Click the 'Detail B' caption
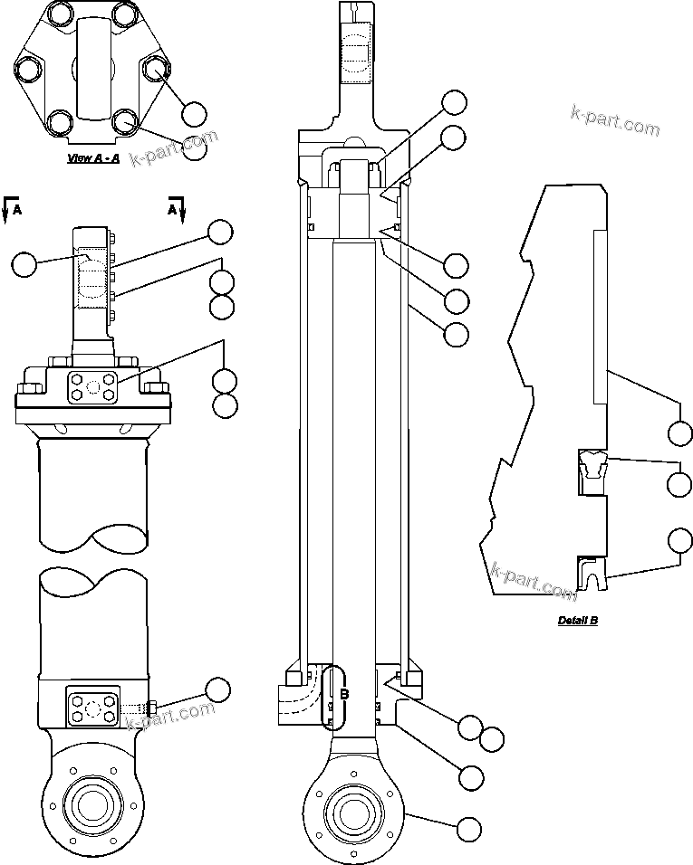click(x=577, y=621)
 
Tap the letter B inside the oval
click(x=344, y=695)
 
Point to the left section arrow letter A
click(x=17, y=210)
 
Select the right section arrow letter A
click(x=171, y=209)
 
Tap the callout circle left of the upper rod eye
click(x=25, y=264)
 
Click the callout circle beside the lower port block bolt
click(x=217, y=690)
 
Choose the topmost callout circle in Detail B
click(x=679, y=432)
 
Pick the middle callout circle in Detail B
click(x=679, y=483)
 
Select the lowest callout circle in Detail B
click(x=680, y=540)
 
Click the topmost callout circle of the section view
click(x=454, y=102)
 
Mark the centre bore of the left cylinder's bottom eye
click(x=91, y=802)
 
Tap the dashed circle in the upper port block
click(x=91, y=386)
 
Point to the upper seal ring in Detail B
click(x=593, y=466)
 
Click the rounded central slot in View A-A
click(x=93, y=68)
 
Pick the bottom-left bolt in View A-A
click(x=61, y=120)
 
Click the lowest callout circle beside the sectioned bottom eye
click(x=469, y=827)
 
